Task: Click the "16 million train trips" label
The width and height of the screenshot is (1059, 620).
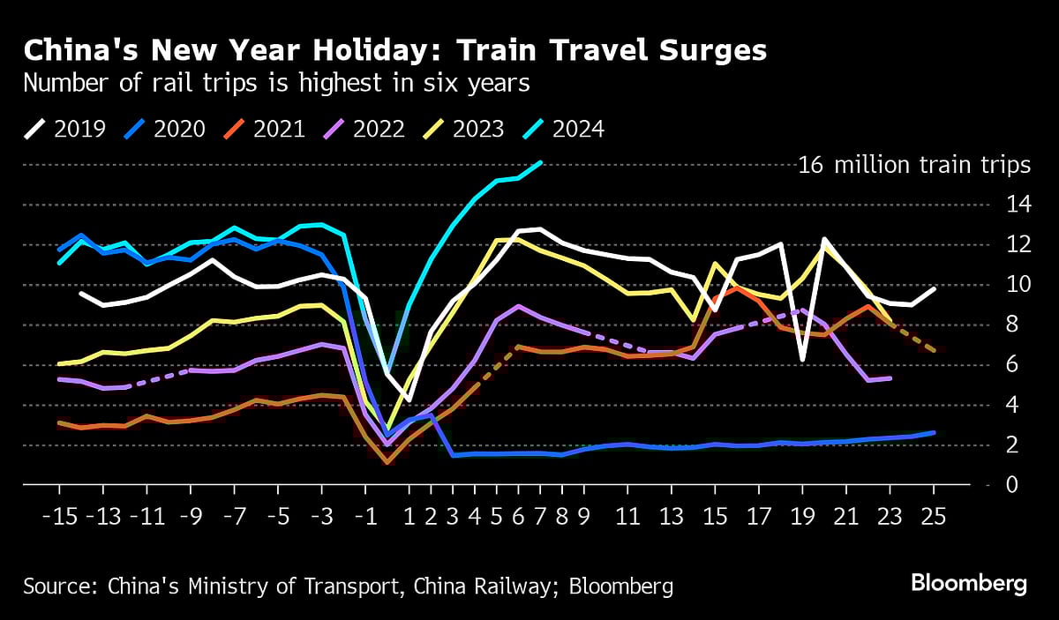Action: point(914,165)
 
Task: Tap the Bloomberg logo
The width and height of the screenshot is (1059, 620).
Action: point(969,584)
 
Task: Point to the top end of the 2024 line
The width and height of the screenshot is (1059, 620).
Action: point(540,162)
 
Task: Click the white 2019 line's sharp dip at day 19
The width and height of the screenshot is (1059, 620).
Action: point(802,360)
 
